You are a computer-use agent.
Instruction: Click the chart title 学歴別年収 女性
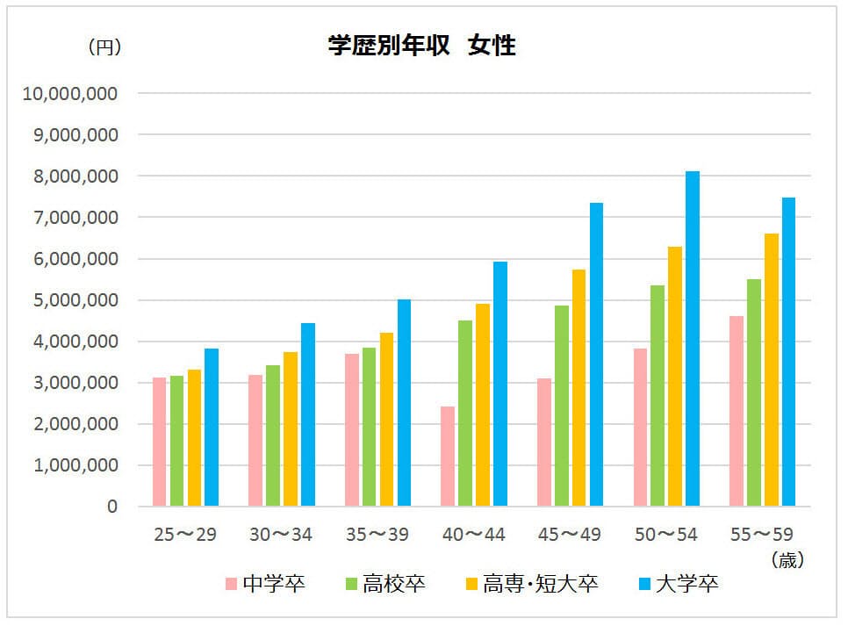coord(421,47)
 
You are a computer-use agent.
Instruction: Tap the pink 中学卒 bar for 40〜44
coord(448,457)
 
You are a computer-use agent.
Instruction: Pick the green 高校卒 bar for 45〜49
coord(561,406)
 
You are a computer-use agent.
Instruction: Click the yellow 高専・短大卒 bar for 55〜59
coord(772,370)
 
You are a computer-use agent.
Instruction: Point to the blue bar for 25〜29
coord(212,428)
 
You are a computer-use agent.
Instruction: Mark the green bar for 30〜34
coord(273,435)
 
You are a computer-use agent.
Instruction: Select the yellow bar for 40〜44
coord(483,405)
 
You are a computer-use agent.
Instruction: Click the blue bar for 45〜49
coord(596,355)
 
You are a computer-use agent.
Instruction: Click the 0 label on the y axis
coord(111,507)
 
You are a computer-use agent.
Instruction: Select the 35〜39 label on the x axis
coord(377,535)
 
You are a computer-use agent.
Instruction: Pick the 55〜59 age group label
coord(763,535)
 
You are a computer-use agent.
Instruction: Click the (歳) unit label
coord(787,559)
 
